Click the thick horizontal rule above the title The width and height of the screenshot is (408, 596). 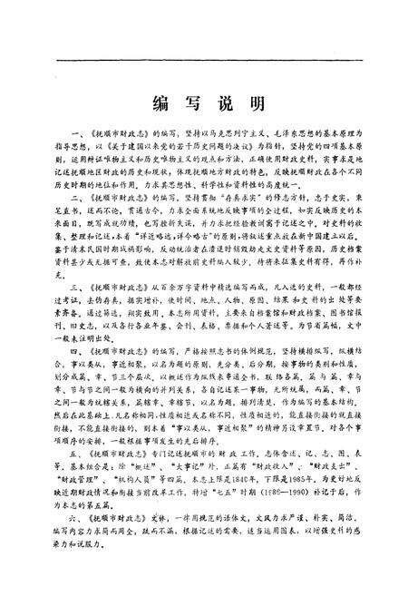[x=203, y=61]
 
